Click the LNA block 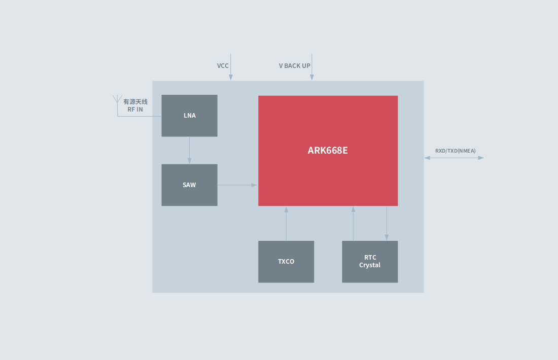click(189, 116)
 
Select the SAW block click(189, 185)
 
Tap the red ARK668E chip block click(328, 151)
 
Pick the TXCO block click(286, 262)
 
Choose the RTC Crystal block click(370, 262)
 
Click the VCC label click(223, 66)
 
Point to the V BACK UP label click(295, 66)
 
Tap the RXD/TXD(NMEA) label click(456, 151)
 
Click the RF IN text click(135, 110)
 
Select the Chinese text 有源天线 click(135, 102)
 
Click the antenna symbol click(117, 100)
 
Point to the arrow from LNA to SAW click(189, 150)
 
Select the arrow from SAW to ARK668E click(237, 185)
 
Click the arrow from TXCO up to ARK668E click(286, 223)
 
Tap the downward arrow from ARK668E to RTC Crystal click(387, 223)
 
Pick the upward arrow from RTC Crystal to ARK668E click(353, 223)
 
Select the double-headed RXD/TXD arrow click(454, 158)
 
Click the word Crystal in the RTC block click(370, 265)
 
